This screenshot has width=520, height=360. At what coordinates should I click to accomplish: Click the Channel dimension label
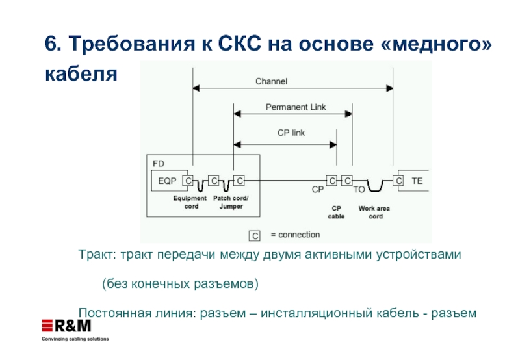(271, 82)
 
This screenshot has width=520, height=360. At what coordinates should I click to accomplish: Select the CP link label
(291, 133)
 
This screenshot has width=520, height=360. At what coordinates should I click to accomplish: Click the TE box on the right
(417, 181)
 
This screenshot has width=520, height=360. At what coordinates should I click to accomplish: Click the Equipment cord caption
(190, 202)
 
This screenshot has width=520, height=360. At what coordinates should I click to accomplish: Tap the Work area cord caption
(375, 212)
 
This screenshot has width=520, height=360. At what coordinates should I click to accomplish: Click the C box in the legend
(255, 235)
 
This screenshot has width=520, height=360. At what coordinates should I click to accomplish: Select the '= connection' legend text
(294, 235)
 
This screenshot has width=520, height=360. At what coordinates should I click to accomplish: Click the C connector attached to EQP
(187, 181)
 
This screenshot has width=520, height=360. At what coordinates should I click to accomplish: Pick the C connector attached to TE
(399, 181)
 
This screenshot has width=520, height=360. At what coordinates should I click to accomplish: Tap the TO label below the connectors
(359, 191)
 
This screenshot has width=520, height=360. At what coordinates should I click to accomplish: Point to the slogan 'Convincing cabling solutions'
(75, 339)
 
